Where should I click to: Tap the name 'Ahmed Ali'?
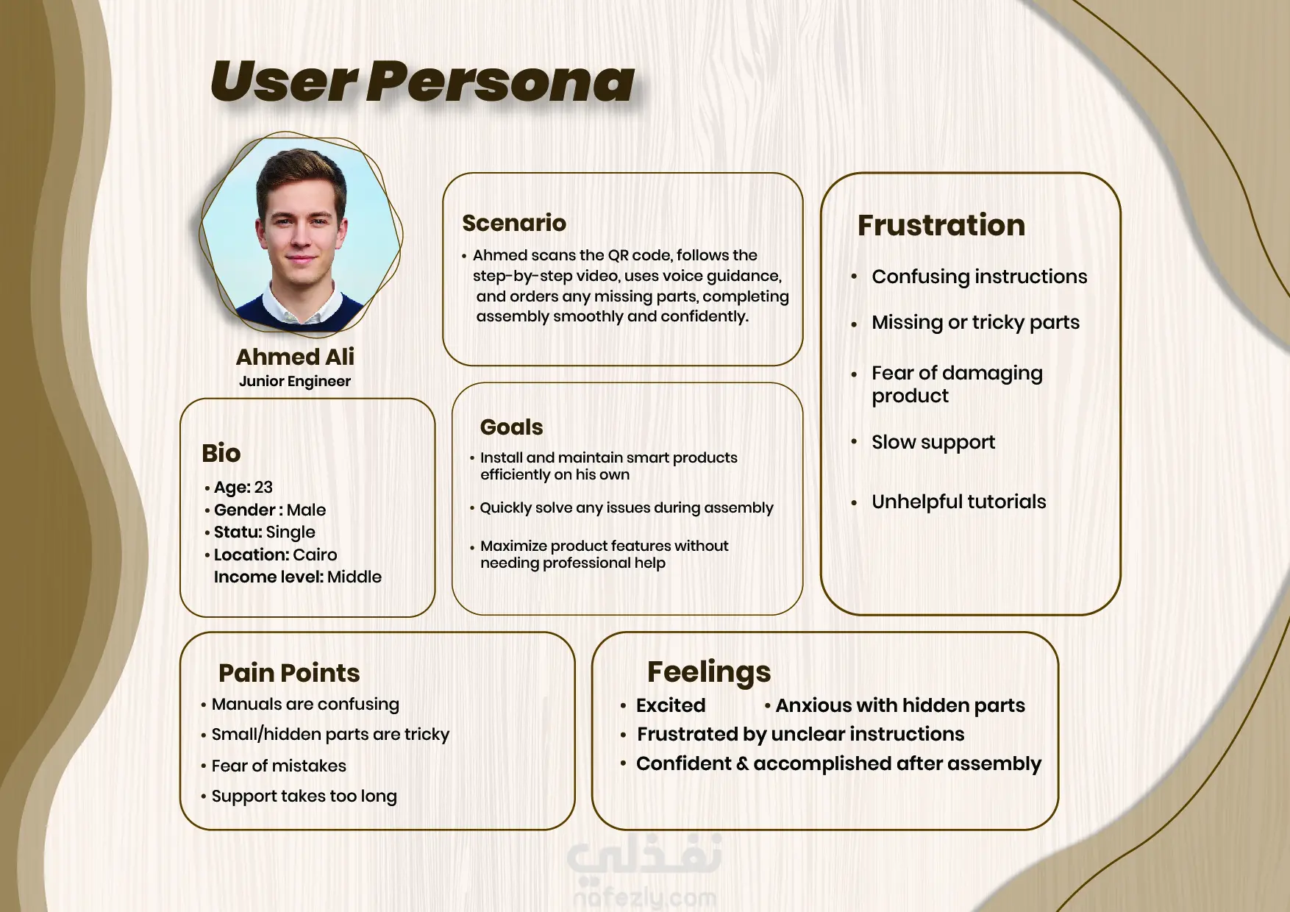pyautogui.click(x=295, y=357)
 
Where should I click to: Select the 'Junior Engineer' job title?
pyautogui.click(x=295, y=381)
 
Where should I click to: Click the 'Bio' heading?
pyautogui.click(x=221, y=453)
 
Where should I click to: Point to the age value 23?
pyautogui.click(x=263, y=487)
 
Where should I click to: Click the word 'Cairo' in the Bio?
pyautogui.click(x=315, y=555)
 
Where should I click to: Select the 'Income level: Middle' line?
pyautogui.click(x=298, y=577)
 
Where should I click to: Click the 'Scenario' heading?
pyautogui.click(x=514, y=223)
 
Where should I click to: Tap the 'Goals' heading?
pyautogui.click(x=511, y=427)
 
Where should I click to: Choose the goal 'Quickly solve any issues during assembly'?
pyautogui.click(x=627, y=508)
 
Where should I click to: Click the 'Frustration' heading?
pyautogui.click(x=941, y=225)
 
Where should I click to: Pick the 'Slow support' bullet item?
pyautogui.click(x=933, y=442)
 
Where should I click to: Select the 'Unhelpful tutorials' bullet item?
pyautogui.click(x=959, y=502)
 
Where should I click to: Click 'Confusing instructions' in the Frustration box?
pyautogui.click(x=980, y=277)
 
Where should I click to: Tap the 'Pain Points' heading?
pyautogui.click(x=289, y=673)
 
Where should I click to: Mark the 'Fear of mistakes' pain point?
pyautogui.click(x=279, y=766)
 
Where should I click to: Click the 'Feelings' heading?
pyautogui.click(x=709, y=672)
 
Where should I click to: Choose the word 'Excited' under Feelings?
pyautogui.click(x=671, y=705)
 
